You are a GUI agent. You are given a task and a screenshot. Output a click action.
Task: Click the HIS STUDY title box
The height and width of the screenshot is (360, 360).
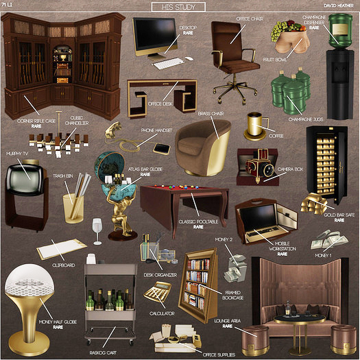point(178,7)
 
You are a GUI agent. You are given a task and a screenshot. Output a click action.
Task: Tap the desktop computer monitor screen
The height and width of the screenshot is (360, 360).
point(155,36)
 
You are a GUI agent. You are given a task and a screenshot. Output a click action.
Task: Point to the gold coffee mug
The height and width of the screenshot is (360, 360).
point(256,124)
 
